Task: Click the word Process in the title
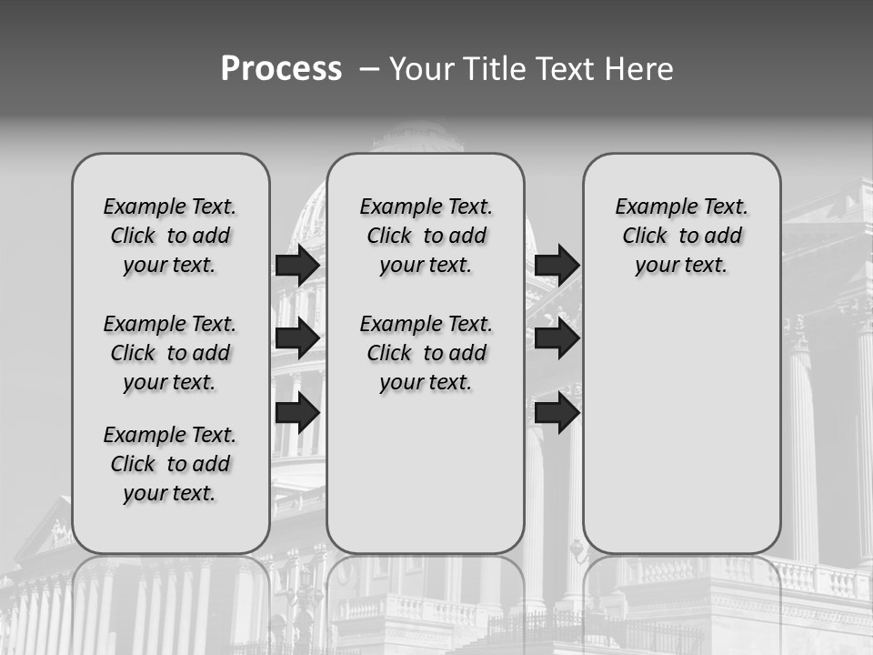(x=281, y=69)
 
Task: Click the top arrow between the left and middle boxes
(x=297, y=265)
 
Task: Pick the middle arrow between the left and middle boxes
(x=297, y=338)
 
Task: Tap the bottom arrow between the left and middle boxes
(x=297, y=412)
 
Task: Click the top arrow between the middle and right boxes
(x=557, y=265)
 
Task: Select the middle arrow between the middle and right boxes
(x=557, y=338)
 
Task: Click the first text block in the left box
(x=170, y=236)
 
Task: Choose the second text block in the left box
(x=170, y=353)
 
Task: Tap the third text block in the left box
(x=170, y=464)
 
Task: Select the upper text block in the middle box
(x=426, y=236)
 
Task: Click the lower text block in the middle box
(x=426, y=353)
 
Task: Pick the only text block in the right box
(x=682, y=236)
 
